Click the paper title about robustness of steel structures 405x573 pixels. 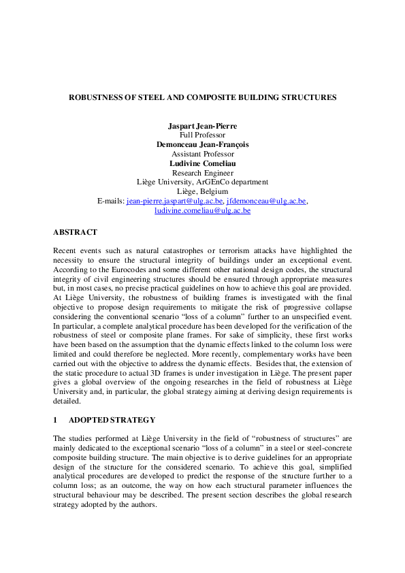pyautogui.click(x=202, y=97)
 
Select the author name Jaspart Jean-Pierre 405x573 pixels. pyautogui.click(x=202, y=126)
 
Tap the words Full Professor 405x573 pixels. pyautogui.click(x=202, y=135)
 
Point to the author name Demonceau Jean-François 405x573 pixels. pyautogui.click(x=202, y=144)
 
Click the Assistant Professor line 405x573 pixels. pyautogui.click(x=202, y=154)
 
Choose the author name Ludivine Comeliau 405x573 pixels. pyautogui.click(x=202, y=163)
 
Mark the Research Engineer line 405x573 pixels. pyautogui.click(x=202, y=173)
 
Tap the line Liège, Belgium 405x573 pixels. pyautogui.click(x=202, y=192)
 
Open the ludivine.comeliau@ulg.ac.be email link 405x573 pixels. pyautogui.click(x=202, y=211)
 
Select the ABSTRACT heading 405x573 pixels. pyautogui.click(x=75, y=232)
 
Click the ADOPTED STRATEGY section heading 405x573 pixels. pyautogui.click(x=112, y=420)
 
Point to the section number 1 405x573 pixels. pyautogui.click(x=55, y=420)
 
